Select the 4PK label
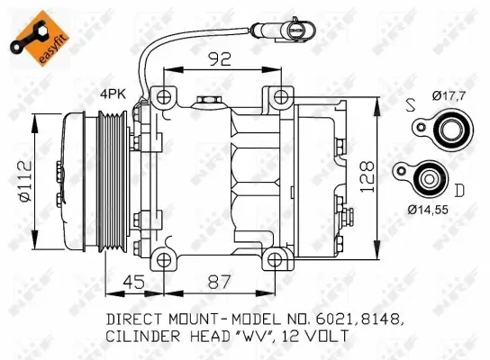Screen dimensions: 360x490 (x=113, y=93)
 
